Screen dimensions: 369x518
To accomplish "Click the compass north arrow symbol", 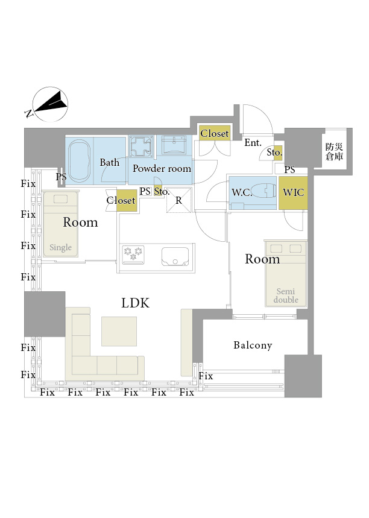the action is pos(51,104).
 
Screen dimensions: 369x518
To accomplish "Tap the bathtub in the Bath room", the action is pos(79,161).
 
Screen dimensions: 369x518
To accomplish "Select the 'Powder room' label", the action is pos(162,168).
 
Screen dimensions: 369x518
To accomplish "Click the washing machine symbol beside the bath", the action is pos(141,147).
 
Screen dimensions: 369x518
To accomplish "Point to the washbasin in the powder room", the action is pos(174,145).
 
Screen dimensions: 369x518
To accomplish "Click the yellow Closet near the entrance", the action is pos(215,133).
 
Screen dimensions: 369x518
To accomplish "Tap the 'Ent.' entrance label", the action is pos(253,143).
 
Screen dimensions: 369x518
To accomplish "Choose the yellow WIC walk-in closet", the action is pos(293,192).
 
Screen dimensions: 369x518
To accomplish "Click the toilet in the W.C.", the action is pos(263,191).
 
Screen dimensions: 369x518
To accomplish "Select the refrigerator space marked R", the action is pos(178,200).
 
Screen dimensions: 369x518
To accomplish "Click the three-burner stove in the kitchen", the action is pos(133,254).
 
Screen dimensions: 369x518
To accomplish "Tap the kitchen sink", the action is pos(175,256).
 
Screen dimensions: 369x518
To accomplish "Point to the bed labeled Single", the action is pos(60,225).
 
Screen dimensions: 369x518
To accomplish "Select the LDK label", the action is pos(136,303).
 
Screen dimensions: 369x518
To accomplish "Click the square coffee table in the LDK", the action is pos(119,331).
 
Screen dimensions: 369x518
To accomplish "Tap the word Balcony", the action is pos(253,345).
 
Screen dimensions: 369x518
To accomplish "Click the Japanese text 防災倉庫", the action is pos(334,151).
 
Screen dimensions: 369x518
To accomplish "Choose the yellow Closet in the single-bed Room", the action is pos(127,200).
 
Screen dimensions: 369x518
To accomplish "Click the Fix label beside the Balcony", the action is pos(206,376).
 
